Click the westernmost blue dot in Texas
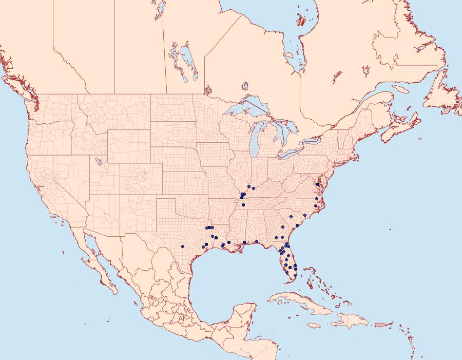click(182, 247)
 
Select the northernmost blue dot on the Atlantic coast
click(318, 184)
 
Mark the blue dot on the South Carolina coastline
click(297, 225)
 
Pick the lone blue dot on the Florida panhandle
click(256, 241)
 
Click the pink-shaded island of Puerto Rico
click(379, 324)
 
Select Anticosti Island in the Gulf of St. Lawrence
click(400, 88)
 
